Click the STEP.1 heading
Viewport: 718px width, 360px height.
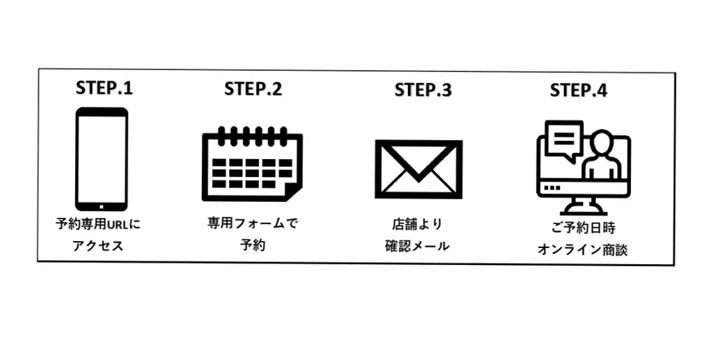pos(104,88)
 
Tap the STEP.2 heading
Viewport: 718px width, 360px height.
pos(253,88)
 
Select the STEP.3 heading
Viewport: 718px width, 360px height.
pos(422,90)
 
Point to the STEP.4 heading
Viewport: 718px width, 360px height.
pos(579,90)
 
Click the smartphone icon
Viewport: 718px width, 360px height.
pos(101,159)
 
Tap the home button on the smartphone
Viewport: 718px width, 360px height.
pos(101,206)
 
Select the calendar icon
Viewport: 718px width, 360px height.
pos(252,163)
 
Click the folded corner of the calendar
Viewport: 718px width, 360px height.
pos(293,192)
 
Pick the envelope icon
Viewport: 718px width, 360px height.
pos(419,169)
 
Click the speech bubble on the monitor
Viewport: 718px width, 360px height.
pos(566,139)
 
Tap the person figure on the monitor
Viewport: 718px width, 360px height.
pos(601,155)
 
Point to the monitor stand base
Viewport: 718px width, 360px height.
pos(583,212)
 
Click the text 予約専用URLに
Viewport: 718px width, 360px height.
pos(98,225)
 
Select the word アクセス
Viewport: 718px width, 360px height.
pos(98,246)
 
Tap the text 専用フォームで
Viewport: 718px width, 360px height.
pos(252,224)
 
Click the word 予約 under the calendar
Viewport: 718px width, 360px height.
pos(253,245)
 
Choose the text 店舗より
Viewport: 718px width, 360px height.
pos(417,224)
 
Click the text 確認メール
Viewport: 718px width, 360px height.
pos(417,246)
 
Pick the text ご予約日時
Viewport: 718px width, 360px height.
pos(583,228)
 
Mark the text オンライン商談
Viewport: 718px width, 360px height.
pos(582,250)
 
